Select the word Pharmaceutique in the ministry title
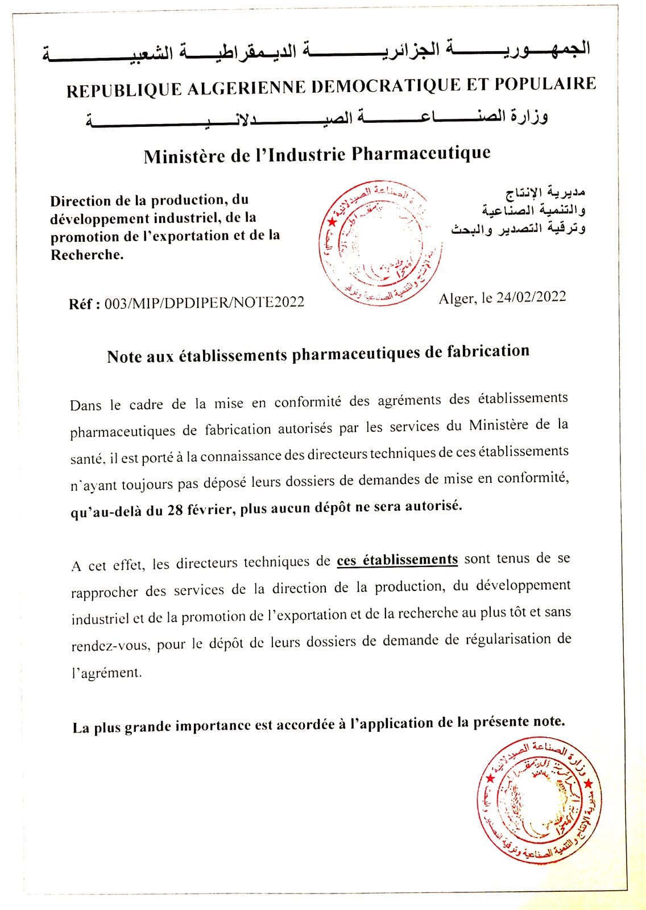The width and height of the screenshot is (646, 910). coord(421,153)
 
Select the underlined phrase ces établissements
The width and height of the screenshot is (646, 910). coord(397,560)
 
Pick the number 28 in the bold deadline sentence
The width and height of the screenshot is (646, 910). coord(175,510)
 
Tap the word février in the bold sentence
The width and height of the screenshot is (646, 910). coord(210,509)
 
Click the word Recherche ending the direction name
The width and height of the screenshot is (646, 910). coord(86,254)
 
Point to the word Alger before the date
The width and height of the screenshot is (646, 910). coord(457,299)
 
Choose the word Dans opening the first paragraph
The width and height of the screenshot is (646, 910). coord(85,406)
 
